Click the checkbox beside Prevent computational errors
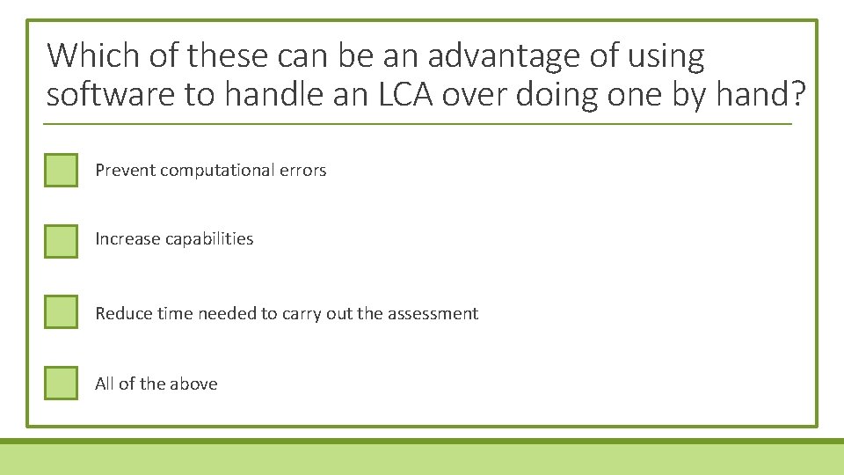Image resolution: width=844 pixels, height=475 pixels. tap(61, 170)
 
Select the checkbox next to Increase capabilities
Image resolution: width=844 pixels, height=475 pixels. tap(61, 240)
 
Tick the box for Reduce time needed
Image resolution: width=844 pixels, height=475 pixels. tap(61, 312)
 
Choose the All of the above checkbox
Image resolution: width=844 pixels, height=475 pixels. tap(61, 383)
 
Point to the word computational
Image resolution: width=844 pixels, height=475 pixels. tap(216, 171)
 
